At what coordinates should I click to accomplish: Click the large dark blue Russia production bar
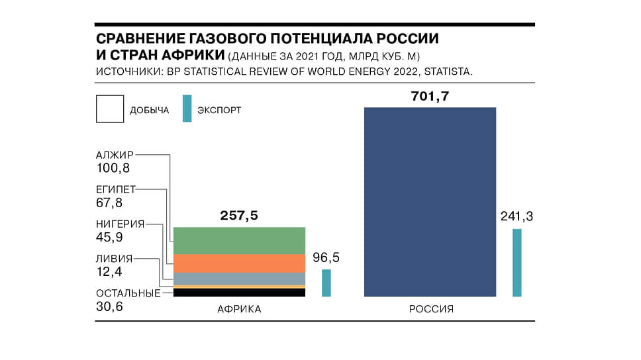430,201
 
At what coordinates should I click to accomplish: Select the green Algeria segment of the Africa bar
239,241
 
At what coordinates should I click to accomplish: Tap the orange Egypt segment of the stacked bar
239,263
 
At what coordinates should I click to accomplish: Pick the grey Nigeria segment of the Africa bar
239,279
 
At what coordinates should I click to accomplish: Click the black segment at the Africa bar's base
239,292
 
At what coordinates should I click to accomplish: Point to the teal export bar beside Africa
326,283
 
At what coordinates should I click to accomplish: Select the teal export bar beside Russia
517,263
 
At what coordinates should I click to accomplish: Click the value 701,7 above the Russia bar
430,97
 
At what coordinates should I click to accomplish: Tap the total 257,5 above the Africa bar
239,216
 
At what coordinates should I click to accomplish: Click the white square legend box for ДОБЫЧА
110,109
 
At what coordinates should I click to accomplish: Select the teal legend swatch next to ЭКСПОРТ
187,109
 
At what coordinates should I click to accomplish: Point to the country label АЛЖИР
114,155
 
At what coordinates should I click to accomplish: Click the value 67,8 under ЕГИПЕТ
109,202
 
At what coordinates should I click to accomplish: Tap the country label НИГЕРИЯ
120,224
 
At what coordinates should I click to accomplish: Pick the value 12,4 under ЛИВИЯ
109,271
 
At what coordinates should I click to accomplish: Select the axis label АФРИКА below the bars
239,309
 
